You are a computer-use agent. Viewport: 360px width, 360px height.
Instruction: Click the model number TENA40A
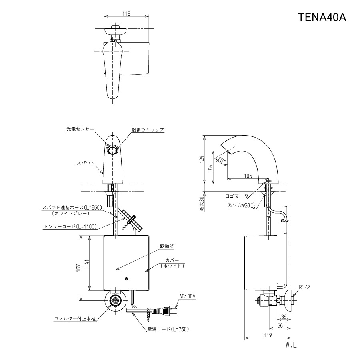[322, 18]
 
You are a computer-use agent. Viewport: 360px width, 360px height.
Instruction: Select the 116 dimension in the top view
[126, 13]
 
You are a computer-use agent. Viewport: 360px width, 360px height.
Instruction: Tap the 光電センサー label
[80, 130]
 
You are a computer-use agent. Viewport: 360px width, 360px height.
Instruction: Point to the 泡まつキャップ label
[148, 130]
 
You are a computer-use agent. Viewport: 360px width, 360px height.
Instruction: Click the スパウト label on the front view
[86, 163]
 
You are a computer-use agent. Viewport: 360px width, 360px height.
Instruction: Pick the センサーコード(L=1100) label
[70, 226]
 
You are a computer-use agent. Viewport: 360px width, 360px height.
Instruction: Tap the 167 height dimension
[81, 268]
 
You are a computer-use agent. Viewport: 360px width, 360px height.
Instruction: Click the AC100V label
[187, 296]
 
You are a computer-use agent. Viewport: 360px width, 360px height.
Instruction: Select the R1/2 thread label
[305, 287]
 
